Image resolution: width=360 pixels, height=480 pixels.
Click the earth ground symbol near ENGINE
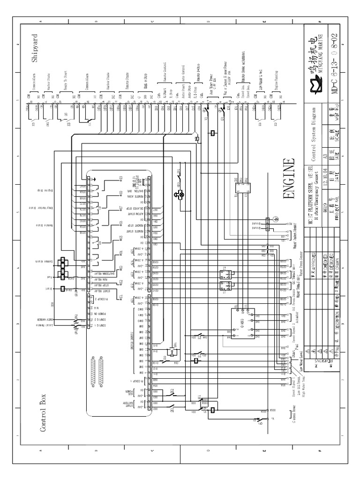276,219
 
